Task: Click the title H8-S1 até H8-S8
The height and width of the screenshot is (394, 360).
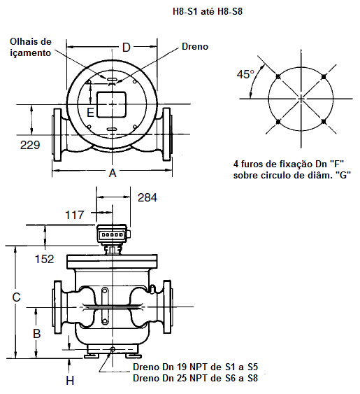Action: [x=208, y=12]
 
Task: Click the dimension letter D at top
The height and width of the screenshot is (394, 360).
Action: [x=127, y=48]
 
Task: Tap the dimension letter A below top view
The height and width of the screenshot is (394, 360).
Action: [x=113, y=173]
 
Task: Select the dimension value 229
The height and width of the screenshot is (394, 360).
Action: [x=30, y=145]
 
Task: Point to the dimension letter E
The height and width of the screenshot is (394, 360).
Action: [x=90, y=113]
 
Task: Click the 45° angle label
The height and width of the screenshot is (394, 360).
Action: [x=245, y=74]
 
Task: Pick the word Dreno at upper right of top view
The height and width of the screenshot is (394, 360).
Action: [x=195, y=46]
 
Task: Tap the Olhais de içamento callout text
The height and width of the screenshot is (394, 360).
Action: [x=31, y=48]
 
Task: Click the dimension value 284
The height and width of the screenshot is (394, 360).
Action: [x=147, y=197]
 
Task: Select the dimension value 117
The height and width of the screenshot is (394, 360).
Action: [x=74, y=215]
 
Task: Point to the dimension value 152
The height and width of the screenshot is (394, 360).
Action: [x=45, y=259]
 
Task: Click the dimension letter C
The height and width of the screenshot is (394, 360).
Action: [x=16, y=297]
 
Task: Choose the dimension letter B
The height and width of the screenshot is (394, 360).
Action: [x=37, y=334]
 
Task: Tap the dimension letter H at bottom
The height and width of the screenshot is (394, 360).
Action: [x=70, y=381]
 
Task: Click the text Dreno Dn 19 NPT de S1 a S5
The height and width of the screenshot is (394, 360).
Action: [x=195, y=367]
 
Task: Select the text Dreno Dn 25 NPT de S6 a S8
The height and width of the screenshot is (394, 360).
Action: [x=195, y=378]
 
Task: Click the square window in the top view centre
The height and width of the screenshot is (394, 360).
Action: [x=111, y=104]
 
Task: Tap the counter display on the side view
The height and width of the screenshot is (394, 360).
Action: [x=112, y=235]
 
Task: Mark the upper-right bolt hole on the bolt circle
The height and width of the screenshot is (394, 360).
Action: [x=324, y=76]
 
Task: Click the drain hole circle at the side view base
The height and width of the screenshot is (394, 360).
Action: [x=113, y=349]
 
